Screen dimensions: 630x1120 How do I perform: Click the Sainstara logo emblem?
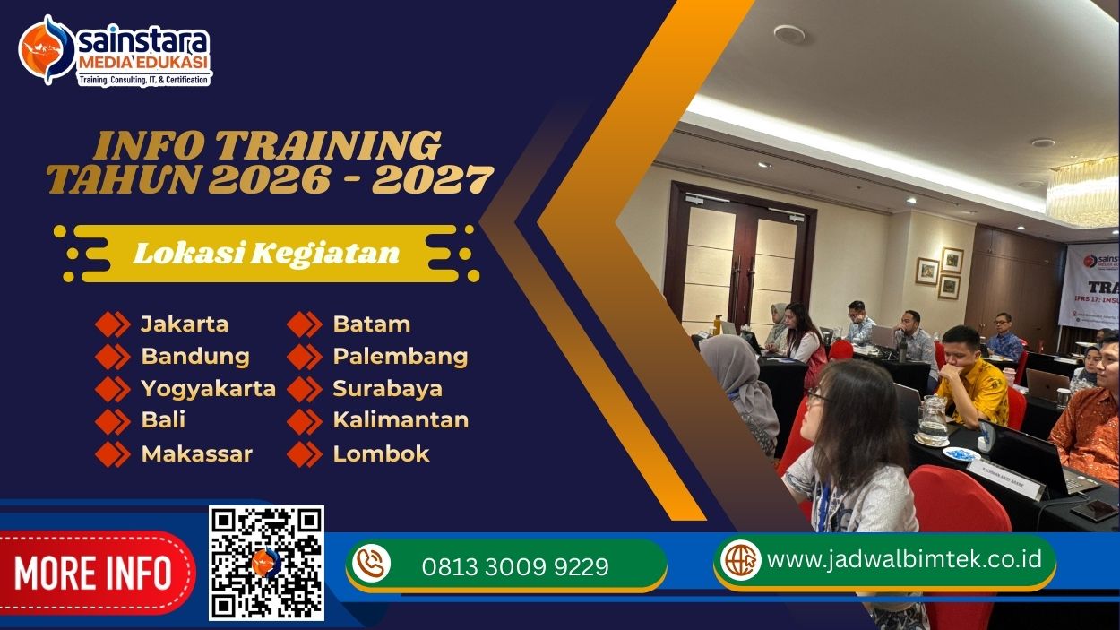[x=47, y=50]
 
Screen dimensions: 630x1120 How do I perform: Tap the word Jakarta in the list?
[x=185, y=324]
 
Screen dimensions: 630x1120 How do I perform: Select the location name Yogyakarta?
[x=208, y=389]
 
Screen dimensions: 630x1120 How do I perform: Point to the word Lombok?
[x=381, y=453]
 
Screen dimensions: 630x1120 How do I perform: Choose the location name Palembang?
[x=400, y=357]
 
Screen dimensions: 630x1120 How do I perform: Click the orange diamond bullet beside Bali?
[x=113, y=421]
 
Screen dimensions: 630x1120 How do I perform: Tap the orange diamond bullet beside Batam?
[x=305, y=324]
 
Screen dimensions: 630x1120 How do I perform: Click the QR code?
[x=266, y=563]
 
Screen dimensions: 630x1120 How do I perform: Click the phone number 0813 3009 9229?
[x=515, y=567]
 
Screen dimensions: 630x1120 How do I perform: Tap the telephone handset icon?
[x=371, y=565]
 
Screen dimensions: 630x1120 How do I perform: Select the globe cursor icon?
[x=741, y=560]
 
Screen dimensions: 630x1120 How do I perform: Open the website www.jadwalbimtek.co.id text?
[x=904, y=559]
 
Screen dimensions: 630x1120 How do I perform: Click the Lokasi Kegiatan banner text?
[x=266, y=254]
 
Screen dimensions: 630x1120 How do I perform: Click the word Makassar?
[x=196, y=453]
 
